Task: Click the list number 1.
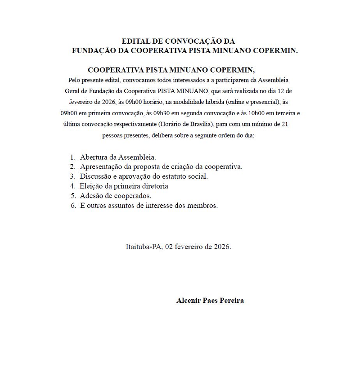72,157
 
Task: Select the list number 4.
72,186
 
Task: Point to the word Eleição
92,186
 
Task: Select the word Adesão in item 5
91,196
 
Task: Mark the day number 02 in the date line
169,247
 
